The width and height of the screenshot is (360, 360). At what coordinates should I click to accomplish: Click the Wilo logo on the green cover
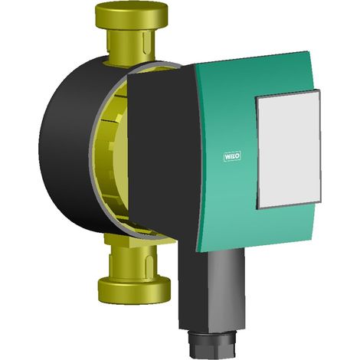coord(232,156)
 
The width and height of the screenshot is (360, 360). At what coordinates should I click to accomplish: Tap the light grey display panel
coord(289,149)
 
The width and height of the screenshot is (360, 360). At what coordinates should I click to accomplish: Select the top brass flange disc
coord(131,16)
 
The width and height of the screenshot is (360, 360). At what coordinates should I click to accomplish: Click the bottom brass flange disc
coord(134,290)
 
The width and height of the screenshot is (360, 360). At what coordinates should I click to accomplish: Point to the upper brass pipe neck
coord(131,46)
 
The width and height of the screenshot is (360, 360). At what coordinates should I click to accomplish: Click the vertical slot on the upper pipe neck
coord(146,44)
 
